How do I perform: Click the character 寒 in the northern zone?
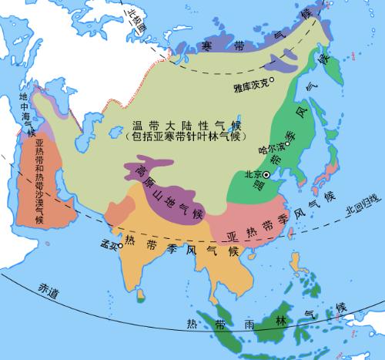[206, 44]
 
